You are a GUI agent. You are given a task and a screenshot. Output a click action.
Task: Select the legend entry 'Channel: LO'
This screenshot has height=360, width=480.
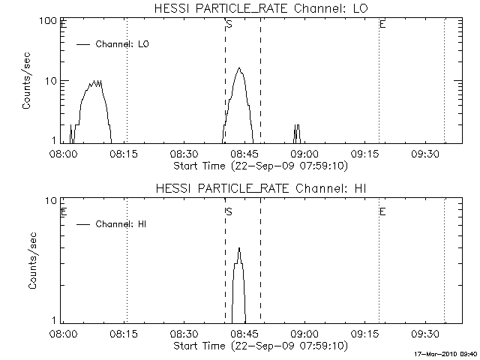point(124,44)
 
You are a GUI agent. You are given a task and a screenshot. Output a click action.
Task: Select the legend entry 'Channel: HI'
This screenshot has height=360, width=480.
point(124,223)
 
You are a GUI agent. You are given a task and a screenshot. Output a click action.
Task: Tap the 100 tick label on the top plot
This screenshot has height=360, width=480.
point(49,21)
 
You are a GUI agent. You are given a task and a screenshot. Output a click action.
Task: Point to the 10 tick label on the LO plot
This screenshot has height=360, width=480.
point(52,80)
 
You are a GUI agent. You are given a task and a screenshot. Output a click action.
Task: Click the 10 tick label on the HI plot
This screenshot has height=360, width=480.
point(52,201)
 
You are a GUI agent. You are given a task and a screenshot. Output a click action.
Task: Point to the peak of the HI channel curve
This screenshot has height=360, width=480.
point(239,248)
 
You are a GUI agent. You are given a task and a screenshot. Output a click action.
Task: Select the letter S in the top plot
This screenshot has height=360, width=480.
point(229,25)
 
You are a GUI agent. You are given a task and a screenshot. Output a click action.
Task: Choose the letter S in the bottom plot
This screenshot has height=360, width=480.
point(229,211)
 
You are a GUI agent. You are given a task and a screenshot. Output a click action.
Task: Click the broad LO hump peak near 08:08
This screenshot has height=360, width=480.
point(94,81)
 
